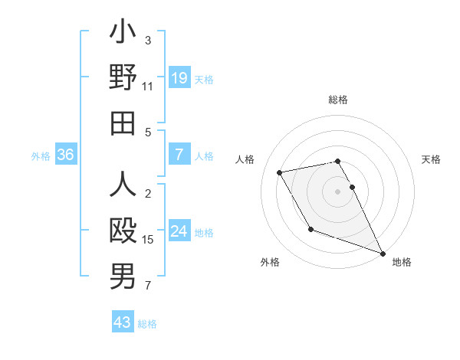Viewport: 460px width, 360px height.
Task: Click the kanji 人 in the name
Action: coord(123,186)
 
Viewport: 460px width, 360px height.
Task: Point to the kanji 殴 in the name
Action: coord(123,231)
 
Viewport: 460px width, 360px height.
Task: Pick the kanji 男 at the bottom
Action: coord(123,277)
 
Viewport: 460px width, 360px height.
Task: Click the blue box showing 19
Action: coord(179,78)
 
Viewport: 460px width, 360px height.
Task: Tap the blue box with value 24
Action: coord(179,232)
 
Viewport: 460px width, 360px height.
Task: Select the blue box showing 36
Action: coord(66,155)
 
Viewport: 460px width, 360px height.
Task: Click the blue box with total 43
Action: coord(123,322)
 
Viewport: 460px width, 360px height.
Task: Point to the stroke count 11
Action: coord(148,87)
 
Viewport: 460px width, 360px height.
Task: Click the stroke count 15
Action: coord(148,240)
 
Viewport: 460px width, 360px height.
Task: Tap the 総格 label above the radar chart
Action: coord(338,100)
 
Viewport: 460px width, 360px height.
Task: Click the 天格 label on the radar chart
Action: coord(432,159)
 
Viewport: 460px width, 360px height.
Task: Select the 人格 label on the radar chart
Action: coord(245,159)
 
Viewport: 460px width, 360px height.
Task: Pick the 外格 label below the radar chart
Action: coord(270,262)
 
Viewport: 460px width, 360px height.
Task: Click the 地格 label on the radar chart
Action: coord(402,262)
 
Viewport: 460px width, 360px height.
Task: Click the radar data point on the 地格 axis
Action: coord(383,253)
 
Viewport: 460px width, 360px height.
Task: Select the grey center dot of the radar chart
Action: coord(338,191)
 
